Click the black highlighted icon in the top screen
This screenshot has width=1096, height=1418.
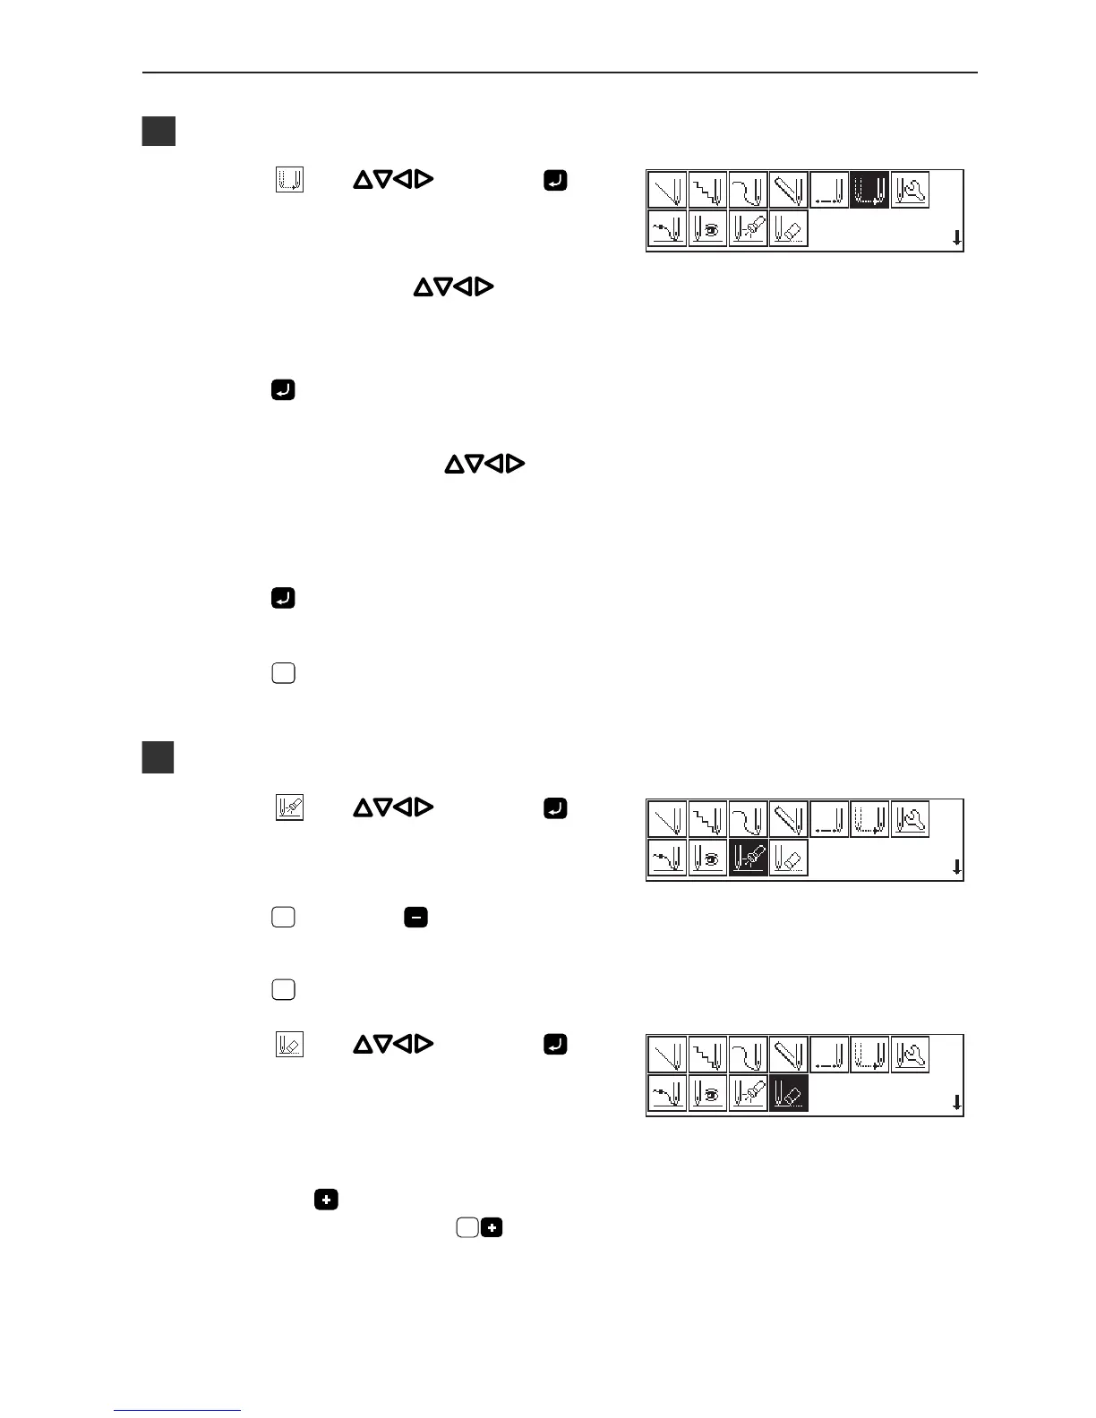pyautogui.click(x=869, y=190)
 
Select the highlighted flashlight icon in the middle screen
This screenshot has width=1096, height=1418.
pyautogui.click(x=748, y=858)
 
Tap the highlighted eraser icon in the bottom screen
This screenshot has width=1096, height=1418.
pyautogui.click(x=789, y=1093)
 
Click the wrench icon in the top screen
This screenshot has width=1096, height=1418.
pyautogui.click(x=911, y=190)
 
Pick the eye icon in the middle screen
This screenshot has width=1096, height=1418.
pyautogui.click(x=707, y=858)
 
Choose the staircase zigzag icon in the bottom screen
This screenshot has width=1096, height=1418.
pyautogui.click(x=707, y=1054)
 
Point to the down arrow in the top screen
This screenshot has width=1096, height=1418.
pyautogui.click(x=956, y=238)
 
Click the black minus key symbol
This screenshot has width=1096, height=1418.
pyautogui.click(x=415, y=917)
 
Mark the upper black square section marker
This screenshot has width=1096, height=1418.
pyautogui.click(x=158, y=132)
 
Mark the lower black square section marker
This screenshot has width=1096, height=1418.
pyautogui.click(x=158, y=757)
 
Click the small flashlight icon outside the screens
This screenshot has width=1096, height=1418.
pyautogui.click(x=289, y=808)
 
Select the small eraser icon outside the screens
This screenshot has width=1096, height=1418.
pyautogui.click(x=289, y=1044)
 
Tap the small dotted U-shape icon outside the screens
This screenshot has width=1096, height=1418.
pyautogui.click(x=289, y=180)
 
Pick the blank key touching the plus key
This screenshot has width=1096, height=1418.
pyautogui.click(x=467, y=1228)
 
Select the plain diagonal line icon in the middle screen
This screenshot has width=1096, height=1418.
pyautogui.click(x=667, y=818)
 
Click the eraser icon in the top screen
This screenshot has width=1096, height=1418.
pyautogui.click(x=789, y=228)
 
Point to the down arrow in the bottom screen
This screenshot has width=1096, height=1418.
pyautogui.click(x=956, y=1103)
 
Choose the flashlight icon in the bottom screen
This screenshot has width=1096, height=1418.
pyautogui.click(x=748, y=1093)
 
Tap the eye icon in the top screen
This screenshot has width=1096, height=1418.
pyautogui.click(x=707, y=228)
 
